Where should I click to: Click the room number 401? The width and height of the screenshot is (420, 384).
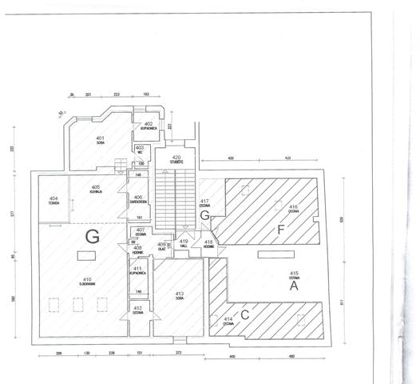tap(100, 138)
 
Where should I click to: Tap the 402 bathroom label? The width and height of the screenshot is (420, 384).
tap(148, 124)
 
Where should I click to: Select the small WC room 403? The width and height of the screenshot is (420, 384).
tap(140, 148)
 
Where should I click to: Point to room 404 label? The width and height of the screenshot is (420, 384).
tap(54, 198)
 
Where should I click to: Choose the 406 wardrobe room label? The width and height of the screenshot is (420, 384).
tap(138, 198)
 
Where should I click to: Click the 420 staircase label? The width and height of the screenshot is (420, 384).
tap(176, 158)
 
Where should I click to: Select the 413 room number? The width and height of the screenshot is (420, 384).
tap(179, 294)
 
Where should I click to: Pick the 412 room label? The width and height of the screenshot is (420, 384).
tap(137, 309)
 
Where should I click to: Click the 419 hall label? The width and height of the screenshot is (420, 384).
tap(183, 242)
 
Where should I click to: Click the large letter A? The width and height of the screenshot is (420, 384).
tap(294, 284)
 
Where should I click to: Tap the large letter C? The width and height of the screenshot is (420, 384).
tap(245, 314)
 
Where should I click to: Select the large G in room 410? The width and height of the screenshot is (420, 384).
tap(93, 236)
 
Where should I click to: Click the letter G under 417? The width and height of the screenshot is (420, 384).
tap(204, 216)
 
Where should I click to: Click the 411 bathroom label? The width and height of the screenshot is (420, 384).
tap(137, 269)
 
